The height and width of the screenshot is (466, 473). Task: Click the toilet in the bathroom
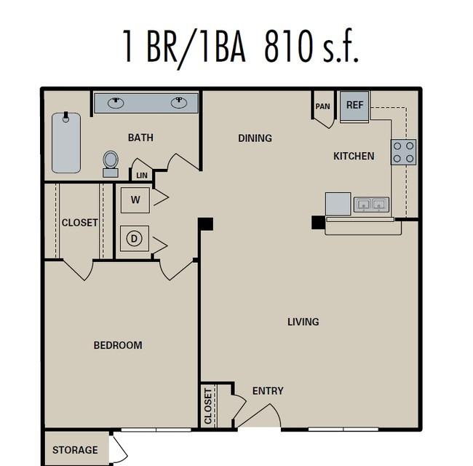pos(111,164)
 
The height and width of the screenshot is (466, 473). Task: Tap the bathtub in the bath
pos(66,143)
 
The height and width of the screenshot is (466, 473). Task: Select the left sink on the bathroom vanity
pos(116,103)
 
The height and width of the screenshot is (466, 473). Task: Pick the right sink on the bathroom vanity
pos(179,103)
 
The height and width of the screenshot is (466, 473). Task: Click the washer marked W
pos(135,200)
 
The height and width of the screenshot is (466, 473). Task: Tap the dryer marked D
pos(135,238)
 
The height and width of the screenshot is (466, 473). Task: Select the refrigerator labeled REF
pos(354,106)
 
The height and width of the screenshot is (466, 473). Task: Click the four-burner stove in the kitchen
pos(404,152)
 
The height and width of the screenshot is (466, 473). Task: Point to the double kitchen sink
pos(371,205)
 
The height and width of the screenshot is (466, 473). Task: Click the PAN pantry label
pos(323,106)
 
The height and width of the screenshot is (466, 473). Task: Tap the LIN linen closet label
pos(142,175)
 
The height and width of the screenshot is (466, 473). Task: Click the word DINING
pos(255,138)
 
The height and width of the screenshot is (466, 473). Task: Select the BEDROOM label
pos(118,345)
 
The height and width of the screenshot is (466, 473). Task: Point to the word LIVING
pos(303,322)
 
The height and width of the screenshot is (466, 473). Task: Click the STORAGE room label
pos(75,450)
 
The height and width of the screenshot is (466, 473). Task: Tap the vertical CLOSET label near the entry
pos(208,406)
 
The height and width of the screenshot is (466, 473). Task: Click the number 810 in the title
pos(289,46)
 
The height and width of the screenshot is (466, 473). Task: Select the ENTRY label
pos(268,391)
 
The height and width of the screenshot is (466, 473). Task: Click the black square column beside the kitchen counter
pos(318,222)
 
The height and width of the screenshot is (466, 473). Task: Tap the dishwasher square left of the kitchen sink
pos(338,204)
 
